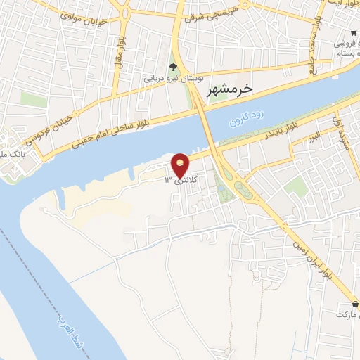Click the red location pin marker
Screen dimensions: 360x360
click(x=181, y=165)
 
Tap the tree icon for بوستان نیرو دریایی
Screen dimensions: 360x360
click(x=174, y=67)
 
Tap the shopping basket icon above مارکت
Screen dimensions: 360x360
click(x=355, y=304)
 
